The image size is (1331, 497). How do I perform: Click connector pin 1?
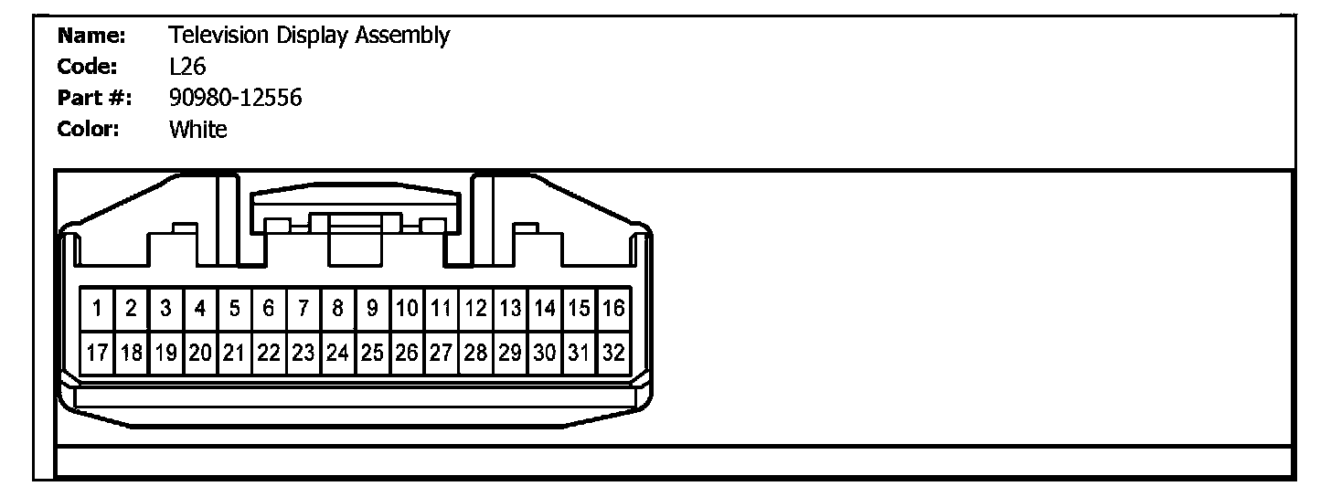click(97, 309)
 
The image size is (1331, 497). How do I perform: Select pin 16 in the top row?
click(614, 309)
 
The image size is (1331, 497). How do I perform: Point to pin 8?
click(338, 309)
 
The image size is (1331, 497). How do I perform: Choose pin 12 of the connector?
click(476, 309)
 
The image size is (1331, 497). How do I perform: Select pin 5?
click(235, 309)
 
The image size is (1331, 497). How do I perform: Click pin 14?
click(545, 309)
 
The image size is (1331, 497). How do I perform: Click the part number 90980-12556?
click(235, 98)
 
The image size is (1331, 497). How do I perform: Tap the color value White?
click(197, 130)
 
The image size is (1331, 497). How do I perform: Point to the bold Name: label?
click(91, 37)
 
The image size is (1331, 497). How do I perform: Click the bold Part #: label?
click(94, 99)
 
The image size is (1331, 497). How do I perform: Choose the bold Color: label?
click(90, 130)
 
